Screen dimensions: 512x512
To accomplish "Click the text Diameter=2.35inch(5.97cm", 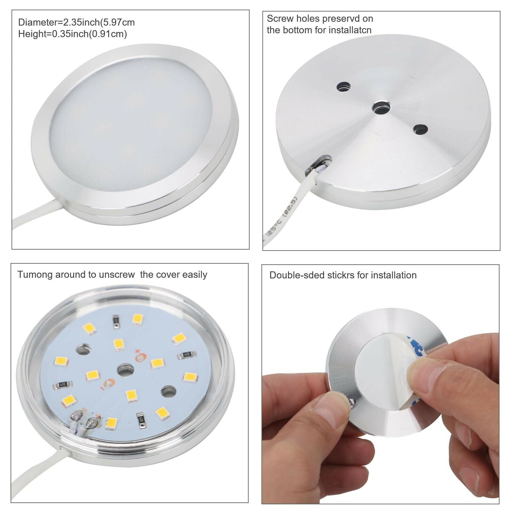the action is [x=76, y=22].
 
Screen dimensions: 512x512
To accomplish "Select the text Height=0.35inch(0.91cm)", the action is [x=73, y=34].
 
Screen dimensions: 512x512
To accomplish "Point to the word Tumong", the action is [x=35, y=275].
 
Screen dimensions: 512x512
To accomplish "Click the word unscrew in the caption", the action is [x=117, y=275].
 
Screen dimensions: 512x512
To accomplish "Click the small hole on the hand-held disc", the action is [x=352, y=403].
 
